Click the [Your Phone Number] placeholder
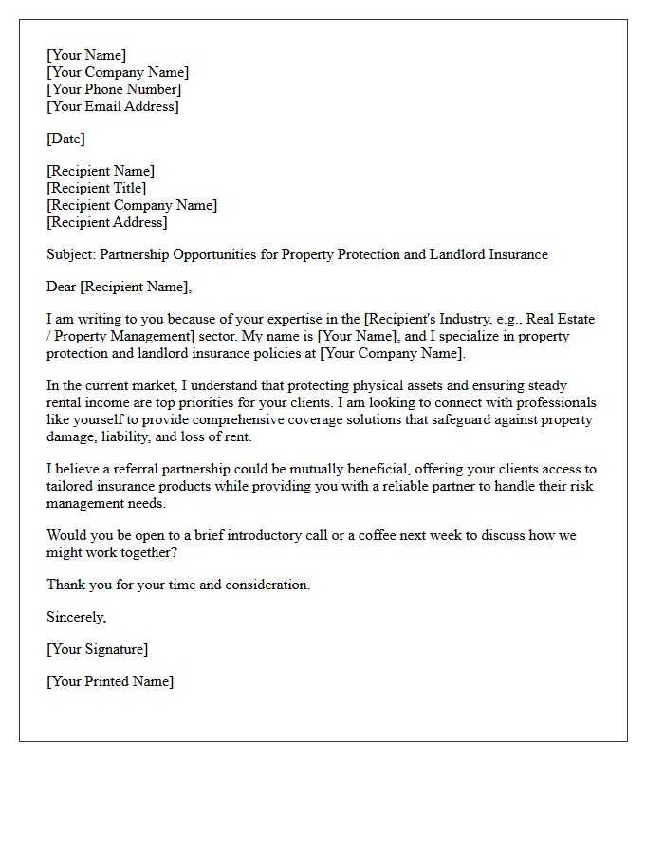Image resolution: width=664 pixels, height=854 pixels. (x=114, y=89)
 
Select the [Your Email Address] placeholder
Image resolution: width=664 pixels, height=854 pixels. (x=112, y=106)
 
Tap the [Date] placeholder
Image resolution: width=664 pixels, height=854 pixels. (x=65, y=139)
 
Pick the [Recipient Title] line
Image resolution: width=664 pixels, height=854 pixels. (x=96, y=188)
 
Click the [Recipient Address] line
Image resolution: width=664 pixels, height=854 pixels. (x=106, y=222)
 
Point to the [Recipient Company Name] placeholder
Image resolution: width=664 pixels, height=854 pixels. (x=131, y=205)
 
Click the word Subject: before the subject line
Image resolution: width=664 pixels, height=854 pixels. (x=71, y=254)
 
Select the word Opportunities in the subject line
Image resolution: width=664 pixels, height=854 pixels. (x=215, y=254)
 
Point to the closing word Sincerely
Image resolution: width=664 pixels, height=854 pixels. (x=76, y=617)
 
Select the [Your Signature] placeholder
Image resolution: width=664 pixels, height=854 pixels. (x=97, y=649)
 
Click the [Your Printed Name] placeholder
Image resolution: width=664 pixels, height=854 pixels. (x=110, y=681)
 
